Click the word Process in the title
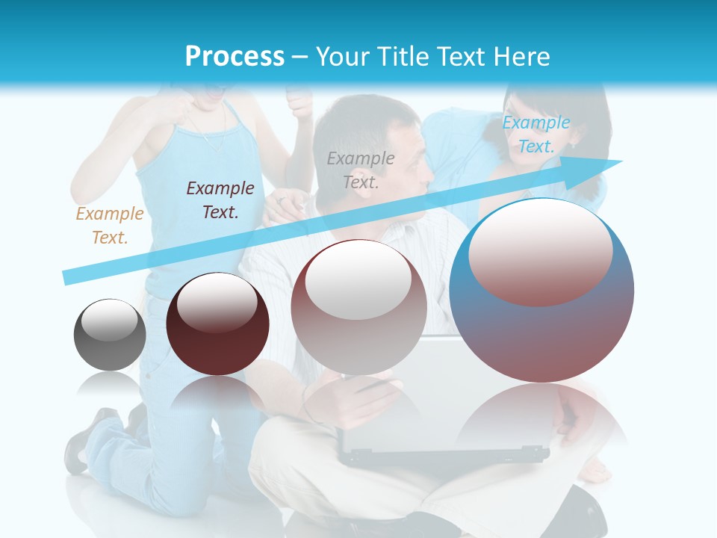point(235,56)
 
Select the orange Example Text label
point(110,226)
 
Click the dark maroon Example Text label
point(220,200)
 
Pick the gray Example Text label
point(361,170)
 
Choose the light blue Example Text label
point(536,134)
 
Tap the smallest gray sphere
point(110,335)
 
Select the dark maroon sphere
point(217,324)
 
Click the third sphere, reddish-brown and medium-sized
point(358,308)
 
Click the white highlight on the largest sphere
point(541,250)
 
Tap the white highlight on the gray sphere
point(110,319)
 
